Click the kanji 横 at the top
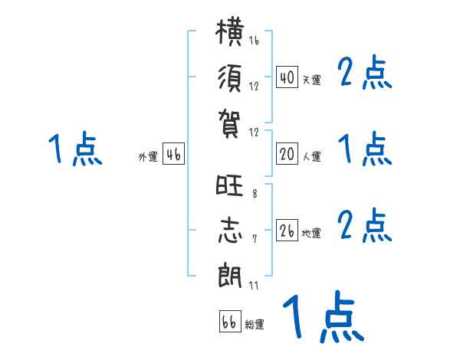tap(230, 31)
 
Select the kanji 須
tap(230, 78)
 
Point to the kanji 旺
tap(229, 185)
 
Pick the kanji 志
tap(230, 230)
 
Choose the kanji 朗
tap(230, 275)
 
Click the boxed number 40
tap(287, 77)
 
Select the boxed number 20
tap(287, 154)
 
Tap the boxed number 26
tap(287, 230)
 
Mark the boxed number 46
tap(173, 154)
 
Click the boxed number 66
tap(230, 321)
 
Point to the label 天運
tap(312, 80)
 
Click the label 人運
tap(312, 156)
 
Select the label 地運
tap(311, 233)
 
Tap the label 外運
tap(148, 156)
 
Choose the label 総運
tap(255, 324)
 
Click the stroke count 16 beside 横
tap(254, 40)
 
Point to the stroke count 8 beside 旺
tap(255, 193)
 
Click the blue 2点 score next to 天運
tap(364, 72)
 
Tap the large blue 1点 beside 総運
tap(324, 316)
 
